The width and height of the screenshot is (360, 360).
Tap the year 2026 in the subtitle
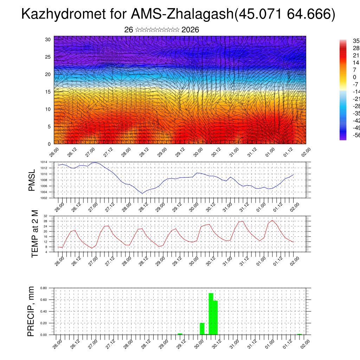(190, 30)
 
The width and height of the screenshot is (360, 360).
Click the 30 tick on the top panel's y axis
(48, 39)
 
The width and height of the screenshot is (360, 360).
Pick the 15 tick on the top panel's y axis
(48, 92)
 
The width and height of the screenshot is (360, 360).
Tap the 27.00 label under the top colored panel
(90, 152)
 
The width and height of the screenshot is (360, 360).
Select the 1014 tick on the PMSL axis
(44, 162)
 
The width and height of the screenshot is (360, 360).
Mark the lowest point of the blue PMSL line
(142, 193)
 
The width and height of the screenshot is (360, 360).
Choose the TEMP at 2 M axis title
(34, 233)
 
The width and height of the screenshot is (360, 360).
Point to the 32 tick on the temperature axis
(45, 216)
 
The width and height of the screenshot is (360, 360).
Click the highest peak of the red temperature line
(272, 220)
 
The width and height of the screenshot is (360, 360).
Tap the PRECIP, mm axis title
(31, 311)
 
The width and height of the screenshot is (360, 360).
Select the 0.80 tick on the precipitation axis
(44, 288)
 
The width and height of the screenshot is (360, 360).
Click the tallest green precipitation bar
(211, 314)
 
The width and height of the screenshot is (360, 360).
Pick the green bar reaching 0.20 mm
(202, 329)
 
